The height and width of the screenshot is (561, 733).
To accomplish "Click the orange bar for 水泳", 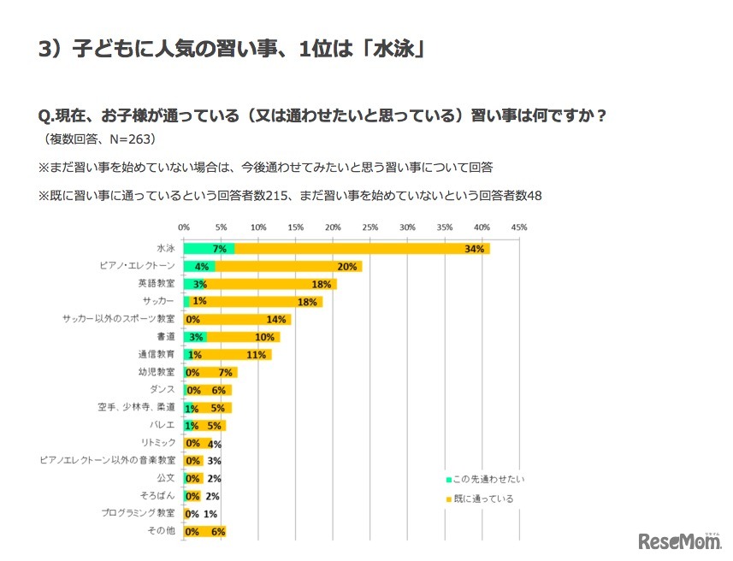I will click(359, 249).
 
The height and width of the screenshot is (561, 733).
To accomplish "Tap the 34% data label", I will click(475, 249).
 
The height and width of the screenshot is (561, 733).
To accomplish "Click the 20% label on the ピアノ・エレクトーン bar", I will click(347, 267).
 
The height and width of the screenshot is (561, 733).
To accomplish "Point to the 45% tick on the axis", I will click(518, 227).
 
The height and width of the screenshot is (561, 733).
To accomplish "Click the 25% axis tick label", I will click(369, 227).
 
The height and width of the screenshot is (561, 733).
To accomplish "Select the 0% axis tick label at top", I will click(184, 227).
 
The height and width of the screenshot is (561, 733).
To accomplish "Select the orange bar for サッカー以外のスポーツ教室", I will click(238, 319).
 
